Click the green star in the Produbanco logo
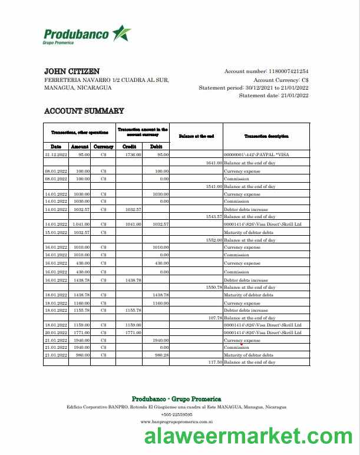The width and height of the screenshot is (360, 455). click(x=122, y=34)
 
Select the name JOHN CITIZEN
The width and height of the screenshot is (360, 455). click(x=72, y=71)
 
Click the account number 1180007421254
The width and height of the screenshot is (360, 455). click(x=288, y=71)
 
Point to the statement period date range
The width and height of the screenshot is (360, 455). click(x=276, y=87)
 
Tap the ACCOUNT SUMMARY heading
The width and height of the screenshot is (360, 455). click(x=84, y=111)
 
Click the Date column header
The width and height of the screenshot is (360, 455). click(x=56, y=146)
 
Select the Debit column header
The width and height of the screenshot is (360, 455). click(x=156, y=146)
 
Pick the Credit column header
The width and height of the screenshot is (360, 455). click(x=130, y=146)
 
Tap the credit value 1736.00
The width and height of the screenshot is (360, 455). click(x=133, y=154)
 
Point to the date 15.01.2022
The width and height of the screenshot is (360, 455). click(x=57, y=232)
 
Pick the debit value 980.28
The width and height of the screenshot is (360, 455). click(x=161, y=355)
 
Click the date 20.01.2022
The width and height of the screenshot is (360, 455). click(x=57, y=332)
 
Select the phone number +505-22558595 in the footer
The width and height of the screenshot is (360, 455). click(x=176, y=414)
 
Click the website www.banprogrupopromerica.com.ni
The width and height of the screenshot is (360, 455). click(x=176, y=422)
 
